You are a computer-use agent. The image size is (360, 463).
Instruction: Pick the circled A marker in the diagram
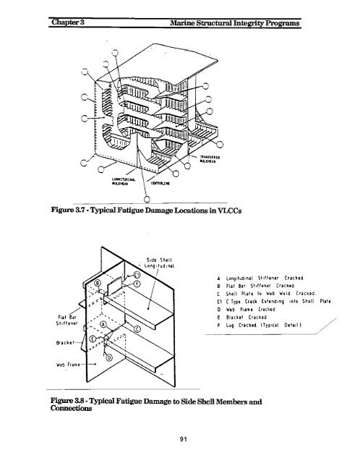104,324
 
